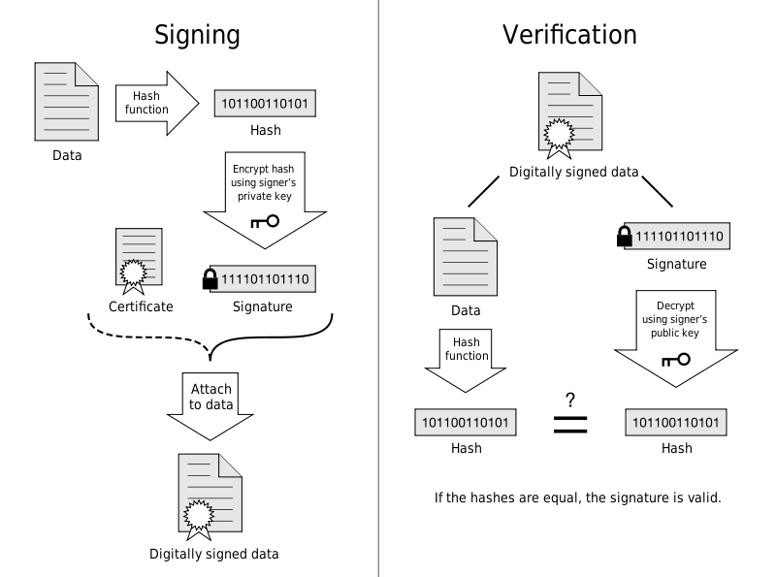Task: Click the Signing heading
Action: coord(197,36)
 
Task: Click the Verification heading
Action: coord(569,35)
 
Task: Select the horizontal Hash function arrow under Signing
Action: coord(157,103)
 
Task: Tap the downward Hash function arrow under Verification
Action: coord(466,360)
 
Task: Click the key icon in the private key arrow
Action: coord(265,222)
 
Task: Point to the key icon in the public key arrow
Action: coord(676,360)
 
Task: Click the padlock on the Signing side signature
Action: coord(210,278)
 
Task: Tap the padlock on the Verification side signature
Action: coord(625,236)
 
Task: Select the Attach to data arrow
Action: coord(210,405)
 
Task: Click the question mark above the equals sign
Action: coord(570,400)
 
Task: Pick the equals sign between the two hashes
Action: coord(570,425)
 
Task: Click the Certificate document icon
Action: coord(139,261)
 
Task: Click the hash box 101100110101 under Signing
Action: coord(265,104)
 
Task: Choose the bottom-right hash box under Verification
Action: coord(676,422)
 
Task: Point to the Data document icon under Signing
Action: coord(66,102)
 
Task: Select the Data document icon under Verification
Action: coord(466,257)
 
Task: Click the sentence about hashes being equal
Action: coord(577,497)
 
